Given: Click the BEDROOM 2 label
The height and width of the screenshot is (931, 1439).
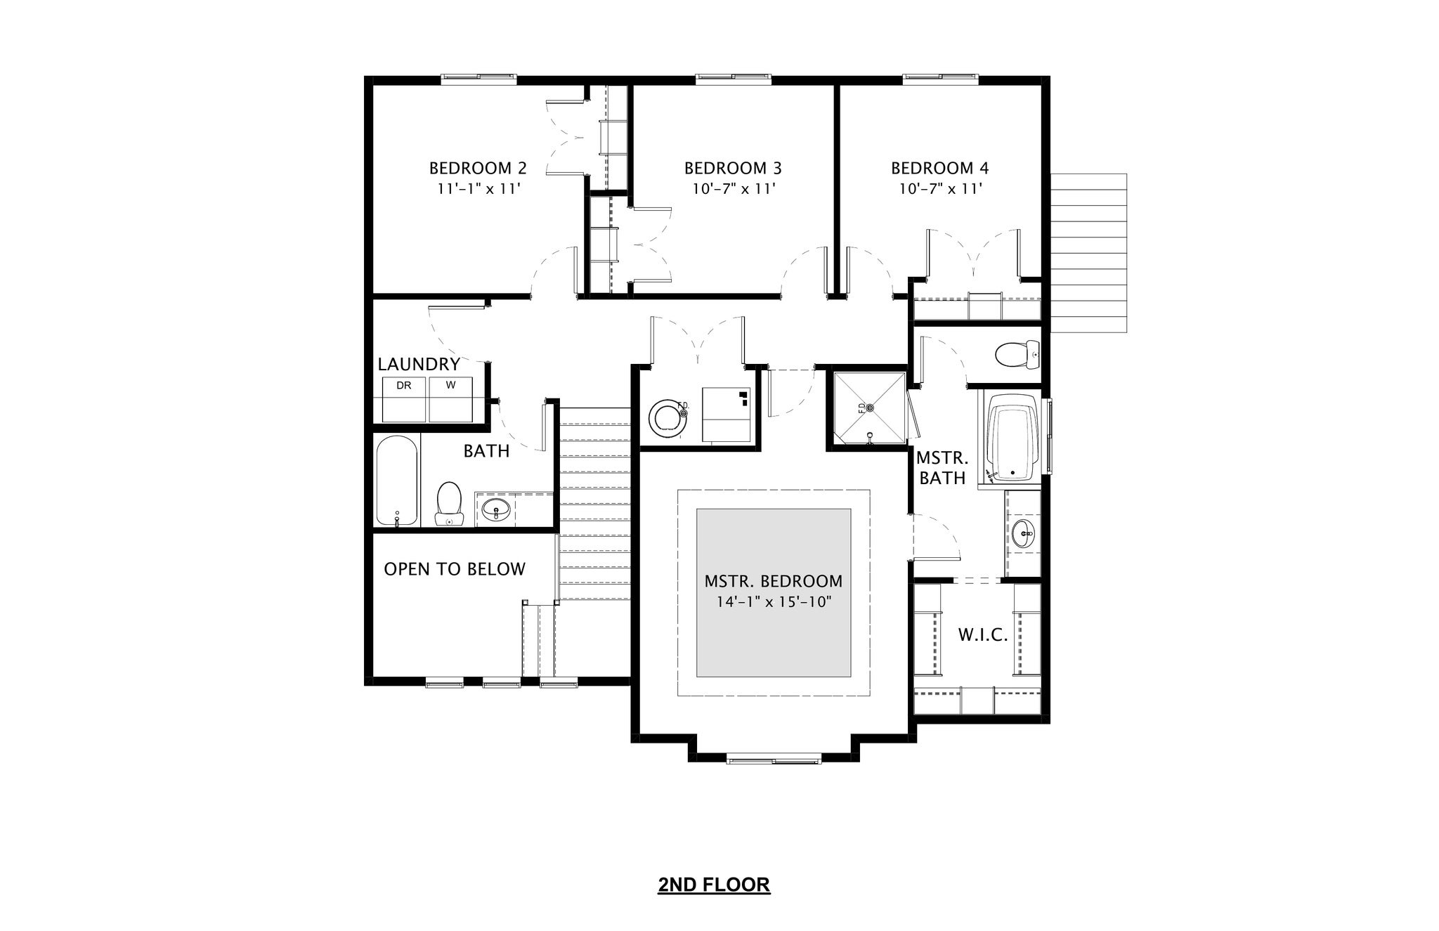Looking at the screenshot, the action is [478, 169].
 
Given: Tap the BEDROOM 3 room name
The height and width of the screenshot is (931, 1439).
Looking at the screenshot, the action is [733, 169].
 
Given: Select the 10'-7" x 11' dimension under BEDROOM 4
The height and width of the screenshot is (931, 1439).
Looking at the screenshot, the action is [940, 189].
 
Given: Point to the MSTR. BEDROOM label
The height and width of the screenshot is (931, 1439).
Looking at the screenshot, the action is [773, 582].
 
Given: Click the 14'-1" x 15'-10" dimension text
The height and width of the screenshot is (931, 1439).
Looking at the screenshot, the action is [773, 602].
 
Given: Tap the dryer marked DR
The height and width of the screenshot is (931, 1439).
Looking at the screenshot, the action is [404, 400].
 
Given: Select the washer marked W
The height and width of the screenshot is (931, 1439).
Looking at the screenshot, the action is [450, 400].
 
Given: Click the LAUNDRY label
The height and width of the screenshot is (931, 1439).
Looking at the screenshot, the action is [419, 364].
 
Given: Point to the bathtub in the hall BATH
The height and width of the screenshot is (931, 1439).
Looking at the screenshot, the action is [397, 481].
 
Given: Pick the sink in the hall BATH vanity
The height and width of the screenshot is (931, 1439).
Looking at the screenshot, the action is [497, 508].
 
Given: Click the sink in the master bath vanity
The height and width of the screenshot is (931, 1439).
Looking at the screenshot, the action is [1024, 534].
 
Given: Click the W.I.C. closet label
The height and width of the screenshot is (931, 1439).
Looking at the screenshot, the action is [983, 636].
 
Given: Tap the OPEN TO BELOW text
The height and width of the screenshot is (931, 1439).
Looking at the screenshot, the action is [455, 569].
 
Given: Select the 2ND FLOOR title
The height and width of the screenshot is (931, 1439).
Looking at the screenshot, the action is [714, 885].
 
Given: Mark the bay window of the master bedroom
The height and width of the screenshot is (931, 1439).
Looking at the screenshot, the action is [774, 759].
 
